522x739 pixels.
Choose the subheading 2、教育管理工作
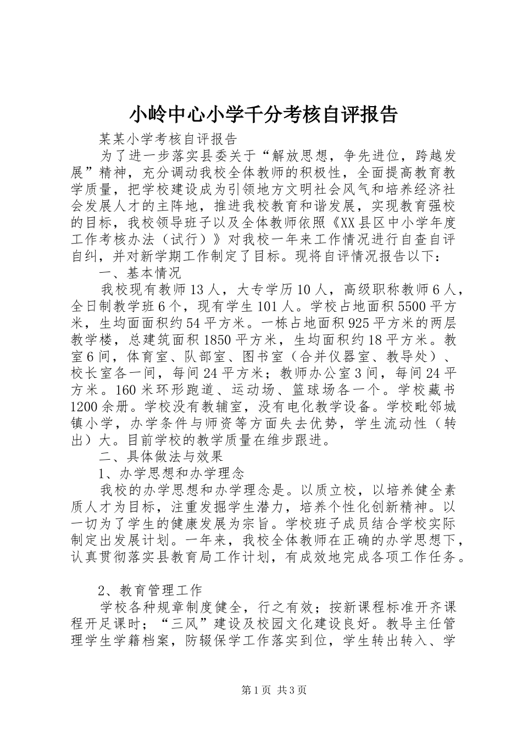click(x=150, y=591)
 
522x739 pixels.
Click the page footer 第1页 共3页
click(x=261, y=690)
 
